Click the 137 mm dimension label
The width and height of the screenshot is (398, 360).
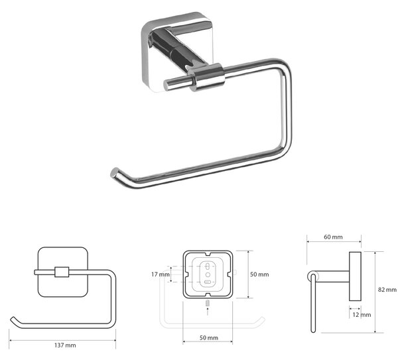pos(65,345)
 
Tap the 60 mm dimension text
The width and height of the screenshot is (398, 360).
pos(333,237)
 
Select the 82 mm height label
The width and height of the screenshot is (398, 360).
pos(387,290)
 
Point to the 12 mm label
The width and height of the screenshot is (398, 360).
pos(362,315)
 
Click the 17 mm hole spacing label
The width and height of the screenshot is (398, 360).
pos(161,274)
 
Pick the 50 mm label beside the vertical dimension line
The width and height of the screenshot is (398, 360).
pos(259,274)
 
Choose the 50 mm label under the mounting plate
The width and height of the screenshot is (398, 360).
pos(209,337)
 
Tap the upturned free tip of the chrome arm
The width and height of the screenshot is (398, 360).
pos(115,172)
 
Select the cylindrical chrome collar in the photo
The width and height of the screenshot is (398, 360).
pos(207,78)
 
